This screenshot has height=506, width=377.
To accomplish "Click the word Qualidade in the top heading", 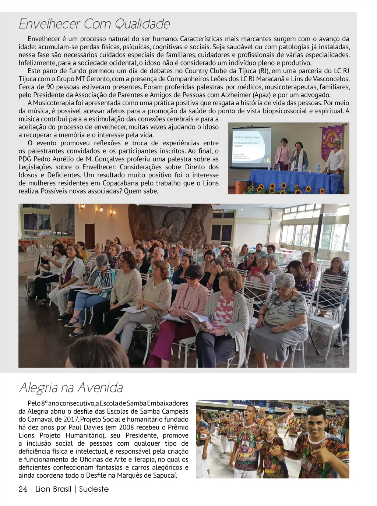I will [x=142, y=24].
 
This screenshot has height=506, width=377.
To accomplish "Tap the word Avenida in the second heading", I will [x=99, y=388].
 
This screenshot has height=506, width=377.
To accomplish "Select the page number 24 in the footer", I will [x=23, y=489].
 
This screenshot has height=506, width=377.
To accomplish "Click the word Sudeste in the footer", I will [x=94, y=489].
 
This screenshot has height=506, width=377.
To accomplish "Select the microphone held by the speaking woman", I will [x=297, y=151].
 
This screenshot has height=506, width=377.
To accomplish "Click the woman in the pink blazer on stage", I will [x=282, y=155].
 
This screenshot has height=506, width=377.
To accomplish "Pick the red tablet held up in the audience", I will [x=255, y=270].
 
